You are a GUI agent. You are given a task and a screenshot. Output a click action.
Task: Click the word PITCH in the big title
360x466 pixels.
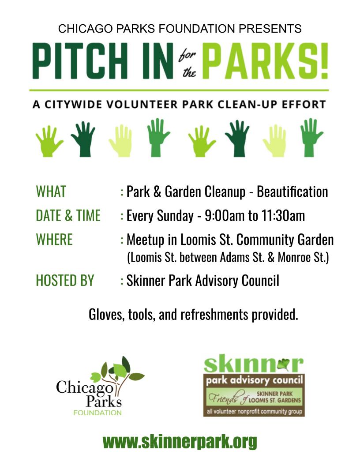(x=80, y=61)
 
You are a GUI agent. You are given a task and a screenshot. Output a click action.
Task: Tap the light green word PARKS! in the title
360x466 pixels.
(x=265, y=61)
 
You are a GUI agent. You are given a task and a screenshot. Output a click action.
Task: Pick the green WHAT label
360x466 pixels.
(x=51, y=192)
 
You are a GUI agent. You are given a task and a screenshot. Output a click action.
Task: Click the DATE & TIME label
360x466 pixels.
(x=68, y=215)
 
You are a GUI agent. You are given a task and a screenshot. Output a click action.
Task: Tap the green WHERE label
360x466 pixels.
(x=54, y=240)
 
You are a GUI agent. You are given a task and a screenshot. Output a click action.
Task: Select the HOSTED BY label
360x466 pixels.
(x=65, y=281)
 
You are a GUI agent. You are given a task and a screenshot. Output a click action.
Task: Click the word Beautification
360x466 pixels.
(x=292, y=192)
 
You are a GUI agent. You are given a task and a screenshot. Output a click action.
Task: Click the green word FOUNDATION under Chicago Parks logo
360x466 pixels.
(x=97, y=413)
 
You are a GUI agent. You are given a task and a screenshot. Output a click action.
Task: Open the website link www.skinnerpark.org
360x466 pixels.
(x=180, y=442)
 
